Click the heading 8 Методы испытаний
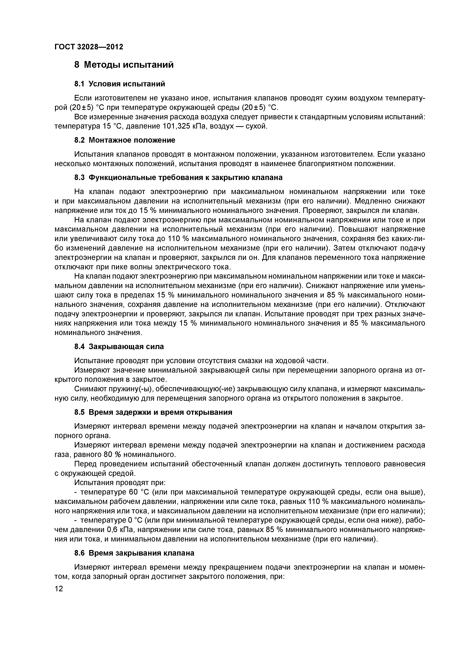[124, 65]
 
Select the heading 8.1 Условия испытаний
[119, 84]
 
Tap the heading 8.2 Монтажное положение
[124, 140]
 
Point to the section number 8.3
[80, 178]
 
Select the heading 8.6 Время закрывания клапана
[134, 553]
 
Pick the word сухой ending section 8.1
[256, 126]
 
